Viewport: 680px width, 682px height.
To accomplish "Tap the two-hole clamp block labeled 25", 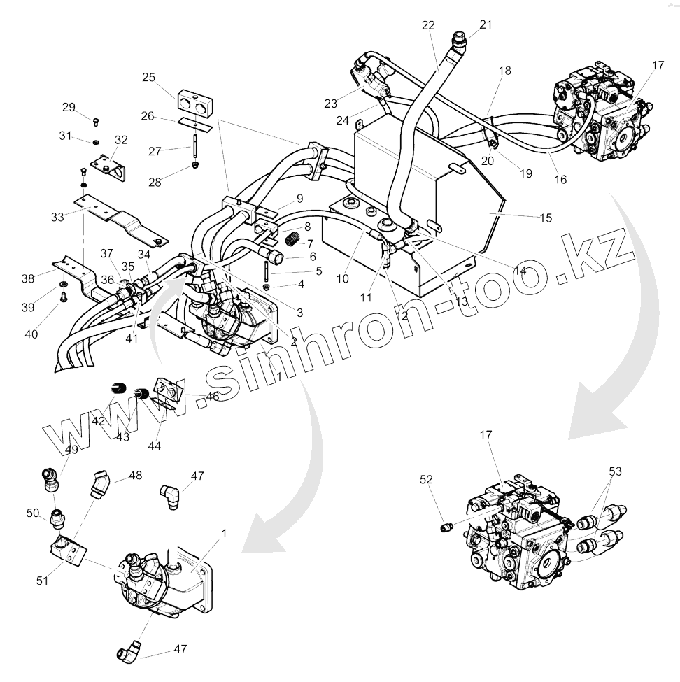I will [195, 101].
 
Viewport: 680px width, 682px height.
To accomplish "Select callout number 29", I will [69, 107].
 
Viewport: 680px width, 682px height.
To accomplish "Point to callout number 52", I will [426, 480].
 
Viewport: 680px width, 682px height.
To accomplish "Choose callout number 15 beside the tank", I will [546, 218].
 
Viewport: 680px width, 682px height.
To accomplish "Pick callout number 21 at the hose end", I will [486, 24].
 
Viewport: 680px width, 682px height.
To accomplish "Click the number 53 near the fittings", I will [615, 472].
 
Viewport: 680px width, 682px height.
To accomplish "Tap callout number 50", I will [32, 514].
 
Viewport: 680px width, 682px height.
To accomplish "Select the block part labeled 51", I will [68, 550].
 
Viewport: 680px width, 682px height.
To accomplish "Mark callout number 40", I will [31, 334].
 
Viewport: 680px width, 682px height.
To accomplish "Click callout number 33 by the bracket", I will [57, 217].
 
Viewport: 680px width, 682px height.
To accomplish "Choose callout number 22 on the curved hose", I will [428, 25].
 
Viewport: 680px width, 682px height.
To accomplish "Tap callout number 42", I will [98, 421].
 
